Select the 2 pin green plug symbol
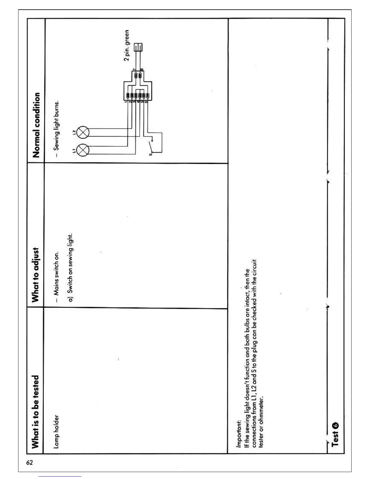click(138, 47)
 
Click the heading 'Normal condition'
click(36, 125)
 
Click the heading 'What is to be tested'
click(36, 412)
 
